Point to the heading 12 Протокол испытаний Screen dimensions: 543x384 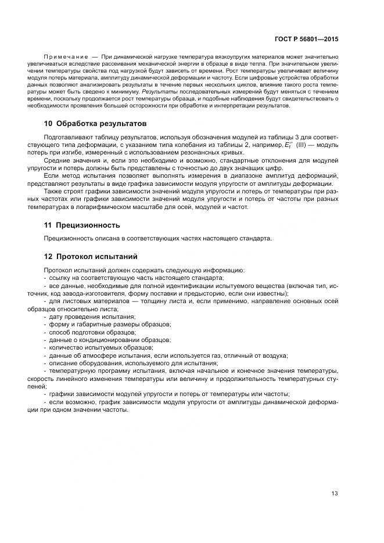91,256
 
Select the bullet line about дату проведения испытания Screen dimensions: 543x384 92,317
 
